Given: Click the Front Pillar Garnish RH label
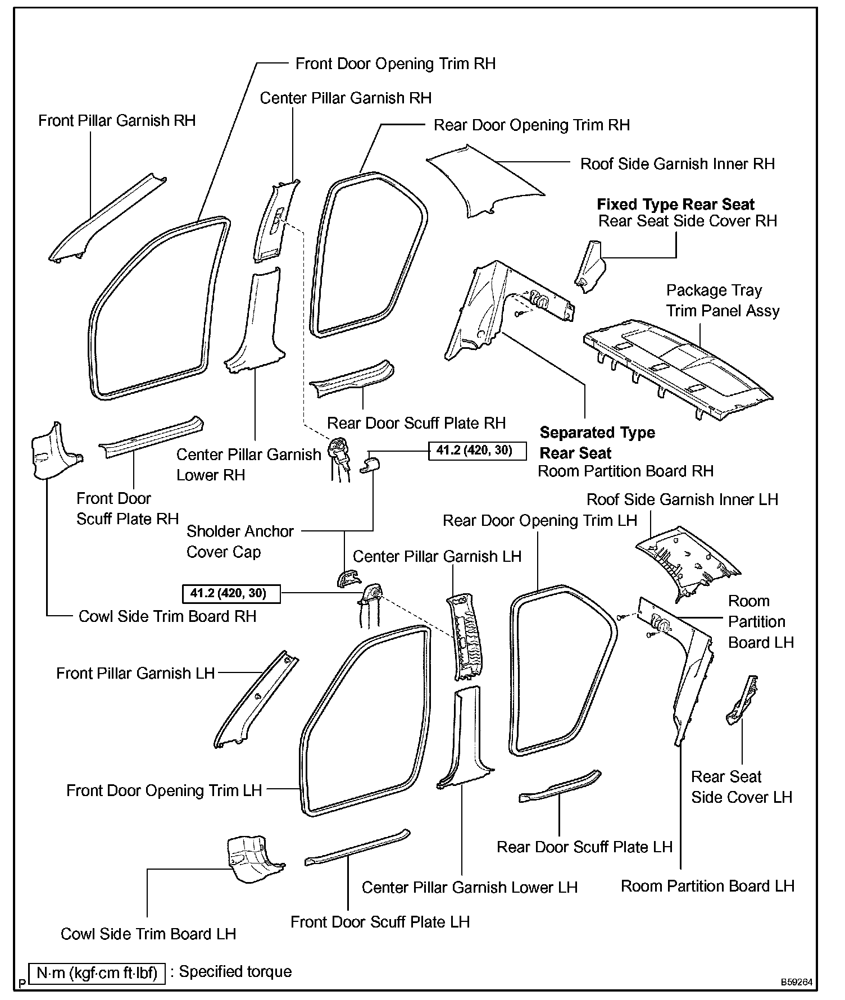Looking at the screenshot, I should pyautogui.click(x=117, y=121).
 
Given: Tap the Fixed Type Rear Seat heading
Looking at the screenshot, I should pyautogui.click(x=675, y=204).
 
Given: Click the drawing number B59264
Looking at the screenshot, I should pyautogui.click(x=796, y=982).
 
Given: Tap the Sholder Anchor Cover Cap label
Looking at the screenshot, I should pyautogui.click(x=240, y=542).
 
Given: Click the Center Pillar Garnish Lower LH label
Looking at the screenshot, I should pyautogui.click(x=470, y=887).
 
